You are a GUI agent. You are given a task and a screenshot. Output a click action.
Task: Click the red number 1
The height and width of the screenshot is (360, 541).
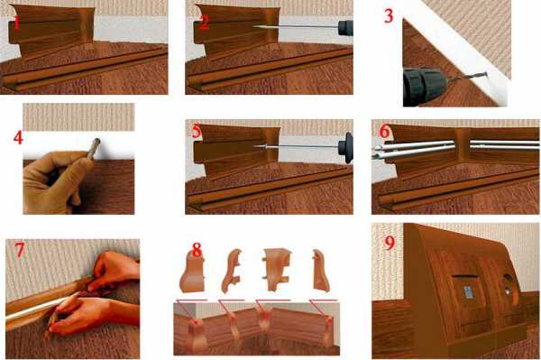pos(16,21)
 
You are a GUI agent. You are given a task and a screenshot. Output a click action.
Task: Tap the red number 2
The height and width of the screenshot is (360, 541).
pos(205,22)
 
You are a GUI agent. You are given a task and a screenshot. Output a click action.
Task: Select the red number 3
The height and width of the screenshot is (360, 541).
pos(389,16)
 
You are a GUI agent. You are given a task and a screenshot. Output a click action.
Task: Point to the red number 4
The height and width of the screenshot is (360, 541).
pos(18,138)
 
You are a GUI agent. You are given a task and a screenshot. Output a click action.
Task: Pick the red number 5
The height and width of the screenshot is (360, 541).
pos(197,131)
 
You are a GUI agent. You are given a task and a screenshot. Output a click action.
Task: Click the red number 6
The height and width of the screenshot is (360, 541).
pos(384,132)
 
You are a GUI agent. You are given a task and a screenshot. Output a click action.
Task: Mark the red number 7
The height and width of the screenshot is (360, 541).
pos(20,250)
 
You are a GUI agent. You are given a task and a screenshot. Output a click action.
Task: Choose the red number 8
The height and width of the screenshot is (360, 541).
pos(197,250)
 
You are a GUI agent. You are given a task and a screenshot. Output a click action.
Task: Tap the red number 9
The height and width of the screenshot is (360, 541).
pos(390,243)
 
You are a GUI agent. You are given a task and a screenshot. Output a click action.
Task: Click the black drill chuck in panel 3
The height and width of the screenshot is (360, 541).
pos(425,86)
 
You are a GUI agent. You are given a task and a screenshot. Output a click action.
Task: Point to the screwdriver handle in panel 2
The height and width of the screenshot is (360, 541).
pos(345,28)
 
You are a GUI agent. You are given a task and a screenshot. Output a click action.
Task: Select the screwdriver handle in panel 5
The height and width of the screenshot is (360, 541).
pos(345,148)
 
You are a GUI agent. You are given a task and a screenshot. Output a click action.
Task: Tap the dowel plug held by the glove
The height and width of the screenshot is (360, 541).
pos(94,147)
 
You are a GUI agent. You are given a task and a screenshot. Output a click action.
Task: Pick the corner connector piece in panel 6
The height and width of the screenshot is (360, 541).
pos(462,145)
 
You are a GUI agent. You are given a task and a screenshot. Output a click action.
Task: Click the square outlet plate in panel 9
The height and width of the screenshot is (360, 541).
pos(468,291)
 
